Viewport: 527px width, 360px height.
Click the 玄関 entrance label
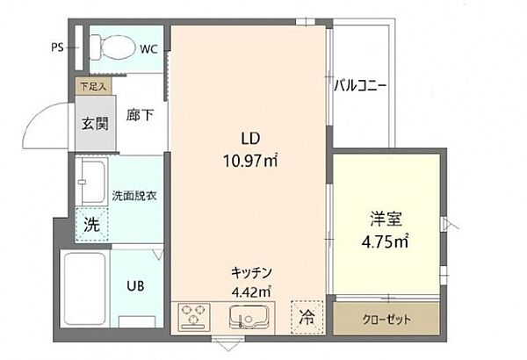(95, 124)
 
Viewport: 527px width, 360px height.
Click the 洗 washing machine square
(90, 224)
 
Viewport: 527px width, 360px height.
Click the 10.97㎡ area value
(249, 160)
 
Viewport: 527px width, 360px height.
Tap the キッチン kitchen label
(249, 272)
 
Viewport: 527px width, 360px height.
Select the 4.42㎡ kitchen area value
(249, 292)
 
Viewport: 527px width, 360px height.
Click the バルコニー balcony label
(360, 85)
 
